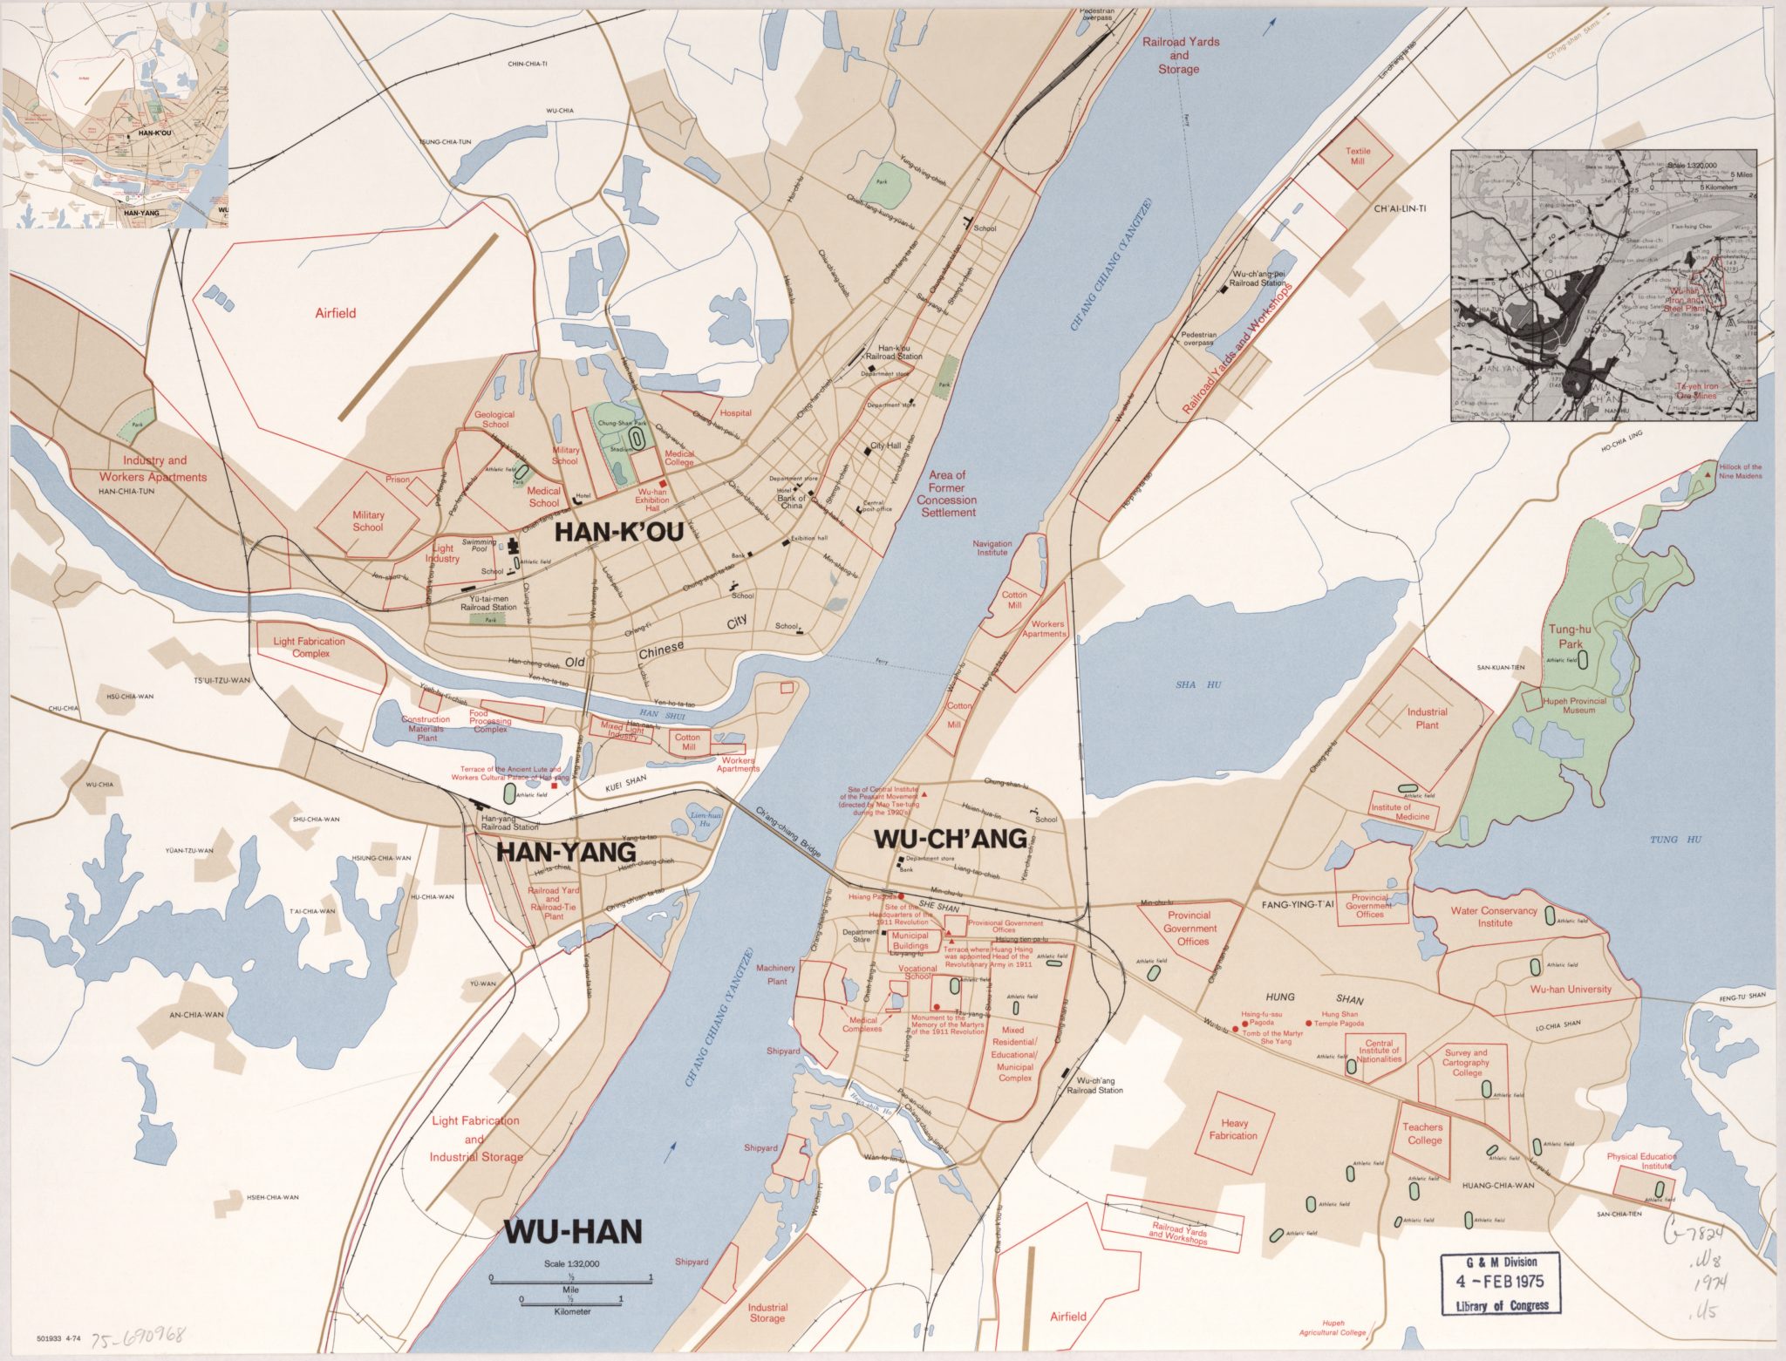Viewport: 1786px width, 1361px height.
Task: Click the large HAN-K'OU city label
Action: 618,532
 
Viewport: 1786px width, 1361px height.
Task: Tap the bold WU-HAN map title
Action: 574,1232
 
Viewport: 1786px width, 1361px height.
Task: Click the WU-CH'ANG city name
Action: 950,839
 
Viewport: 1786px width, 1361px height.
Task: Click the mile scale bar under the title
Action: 570,1279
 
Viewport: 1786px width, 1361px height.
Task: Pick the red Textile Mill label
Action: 1358,156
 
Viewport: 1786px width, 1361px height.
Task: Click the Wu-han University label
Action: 1571,989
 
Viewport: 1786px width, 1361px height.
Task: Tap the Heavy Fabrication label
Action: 1233,1129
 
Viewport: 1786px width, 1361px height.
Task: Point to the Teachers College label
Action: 1424,1133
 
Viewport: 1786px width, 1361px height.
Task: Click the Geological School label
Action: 494,419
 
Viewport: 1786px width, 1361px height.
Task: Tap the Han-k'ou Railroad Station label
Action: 894,351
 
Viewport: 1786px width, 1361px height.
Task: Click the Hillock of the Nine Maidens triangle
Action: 1707,473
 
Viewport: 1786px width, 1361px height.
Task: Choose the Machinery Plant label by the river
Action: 775,974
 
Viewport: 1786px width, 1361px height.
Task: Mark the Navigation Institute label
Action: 992,548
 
